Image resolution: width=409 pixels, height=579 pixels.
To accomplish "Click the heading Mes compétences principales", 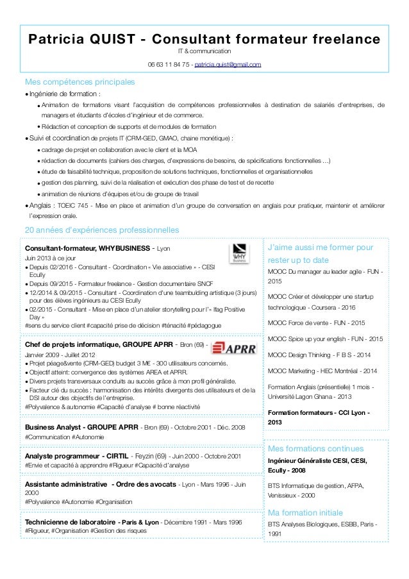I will click(79, 83).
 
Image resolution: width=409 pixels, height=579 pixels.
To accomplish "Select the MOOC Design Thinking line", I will click(319, 354).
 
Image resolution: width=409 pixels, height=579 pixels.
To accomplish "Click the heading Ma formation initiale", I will click(305, 513).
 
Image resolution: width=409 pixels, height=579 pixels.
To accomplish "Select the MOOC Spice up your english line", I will click(324, 339).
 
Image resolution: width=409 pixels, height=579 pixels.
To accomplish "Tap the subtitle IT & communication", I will click(204, 51).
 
